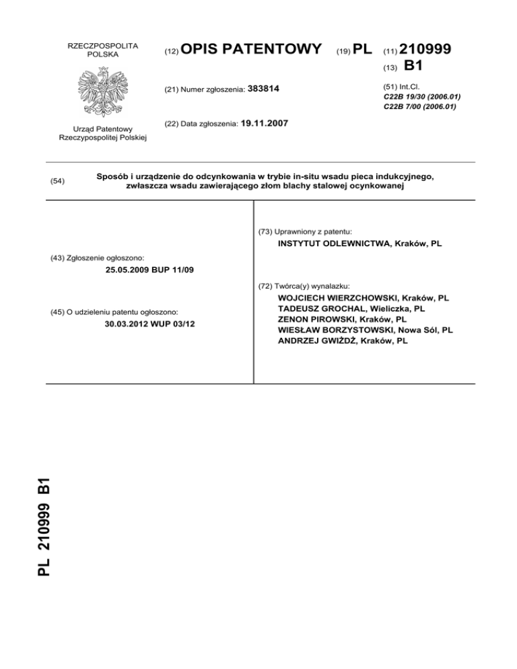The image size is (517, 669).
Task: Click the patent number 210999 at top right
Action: point(425,50)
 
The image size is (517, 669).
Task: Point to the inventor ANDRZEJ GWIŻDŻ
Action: point(316,341)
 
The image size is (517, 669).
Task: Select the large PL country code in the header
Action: point(362,48)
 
